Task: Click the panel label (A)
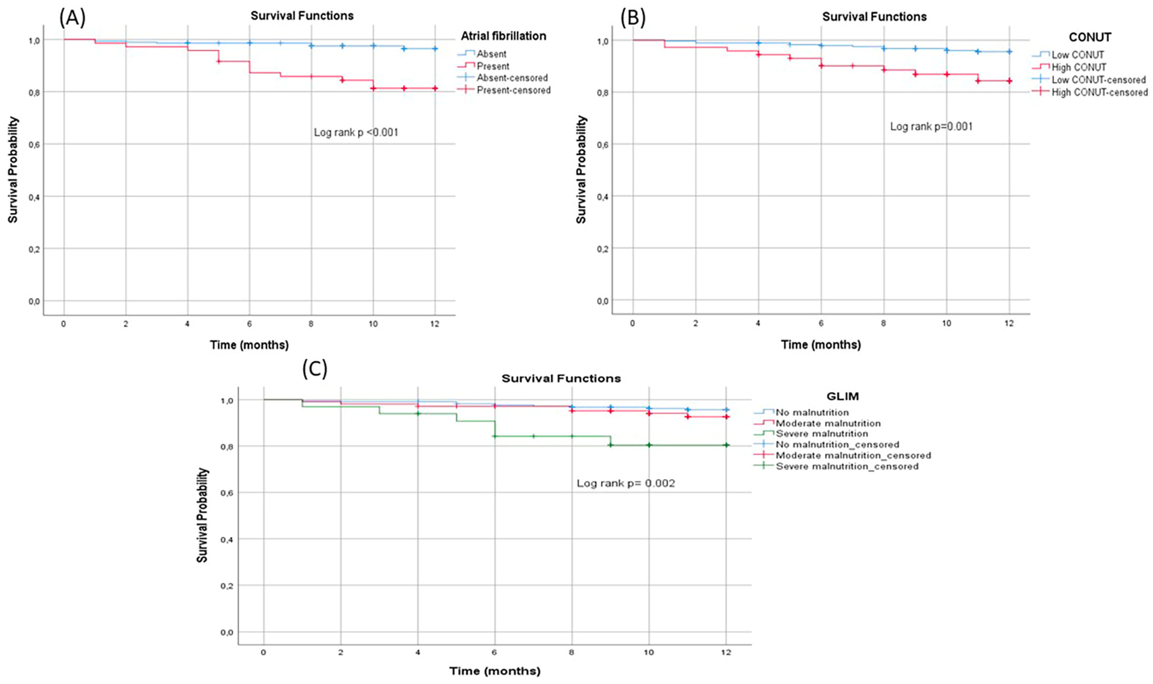click(x=72, y=18)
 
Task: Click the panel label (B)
click(x=633, y=18)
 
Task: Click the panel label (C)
click(x=315, y=369)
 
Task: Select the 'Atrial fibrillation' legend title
click(x=503, y=36)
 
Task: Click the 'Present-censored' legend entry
click(x=513, y=90)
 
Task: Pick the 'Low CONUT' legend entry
click(x=1077, y=55)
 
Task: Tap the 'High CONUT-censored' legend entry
click(x=1099, y=92)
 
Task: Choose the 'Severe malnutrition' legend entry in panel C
click(x=821, y=434)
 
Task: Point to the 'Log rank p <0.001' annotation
click(x=356, y=133)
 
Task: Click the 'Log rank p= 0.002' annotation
click(x=625, y=483)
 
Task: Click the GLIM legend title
click(x=842, y=396)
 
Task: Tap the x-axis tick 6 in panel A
click(x=249, y=324)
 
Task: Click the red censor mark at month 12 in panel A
click(x=434, y=88)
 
